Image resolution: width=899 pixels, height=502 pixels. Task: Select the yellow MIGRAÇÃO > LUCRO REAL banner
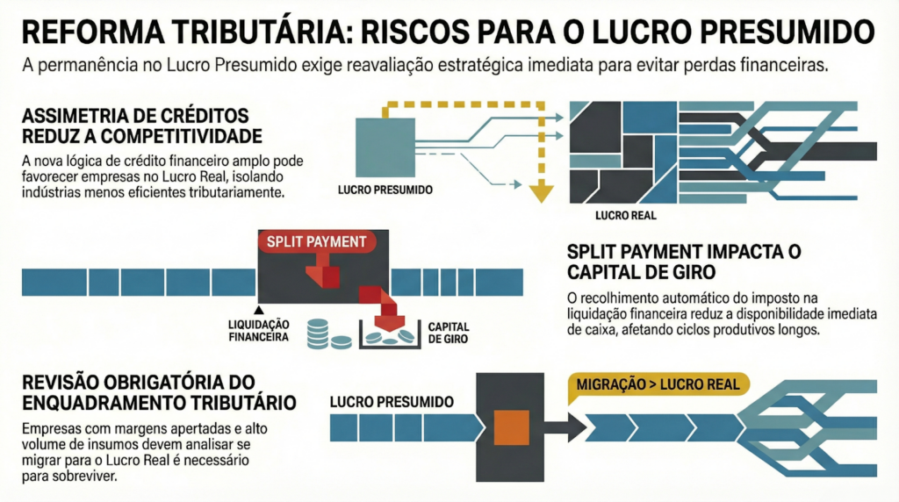658,384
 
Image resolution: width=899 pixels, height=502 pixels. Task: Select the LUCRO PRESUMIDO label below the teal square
385,190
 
